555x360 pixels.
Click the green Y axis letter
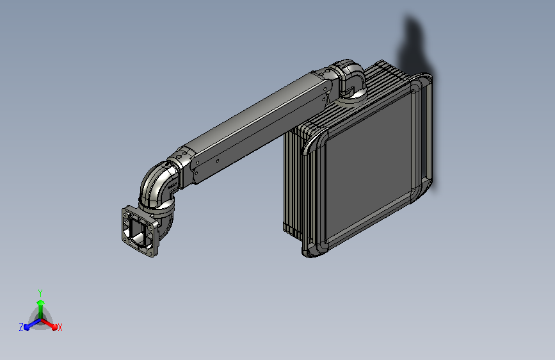click(x=40, y=293)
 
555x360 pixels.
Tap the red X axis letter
click(x=60, y=327)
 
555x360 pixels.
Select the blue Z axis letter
click(x=21, y=327)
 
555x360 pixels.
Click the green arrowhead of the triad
click(x=41, y=303)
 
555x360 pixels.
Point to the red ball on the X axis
click(x=54, y=327)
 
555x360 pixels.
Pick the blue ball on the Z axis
click(x=26, y=327)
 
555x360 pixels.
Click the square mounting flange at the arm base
click(x=140, y=231)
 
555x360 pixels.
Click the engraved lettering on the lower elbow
click(x=172, y=185)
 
